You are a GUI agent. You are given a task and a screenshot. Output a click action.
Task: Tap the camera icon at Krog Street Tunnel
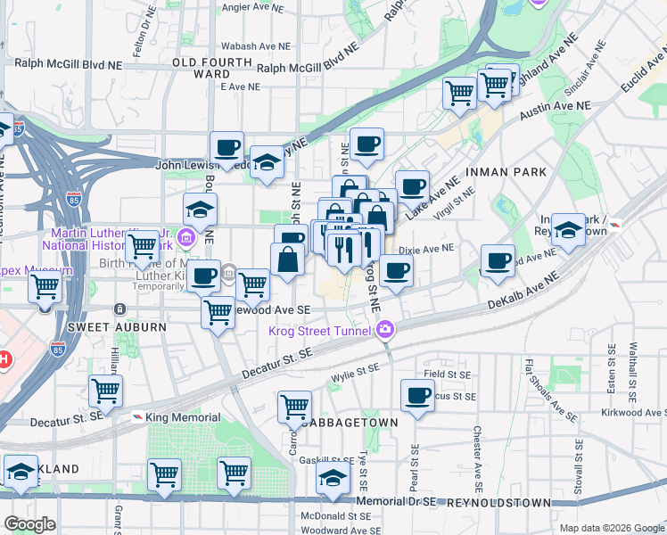385,330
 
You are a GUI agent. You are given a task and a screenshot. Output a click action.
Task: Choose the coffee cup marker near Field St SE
416,396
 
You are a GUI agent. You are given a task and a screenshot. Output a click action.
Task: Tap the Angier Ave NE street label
251,7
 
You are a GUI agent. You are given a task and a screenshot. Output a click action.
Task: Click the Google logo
29,524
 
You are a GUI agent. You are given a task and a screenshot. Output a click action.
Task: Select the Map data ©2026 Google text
611,528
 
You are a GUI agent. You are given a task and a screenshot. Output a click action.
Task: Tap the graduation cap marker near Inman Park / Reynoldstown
568,230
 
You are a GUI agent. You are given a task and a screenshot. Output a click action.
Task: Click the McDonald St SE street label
334,515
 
